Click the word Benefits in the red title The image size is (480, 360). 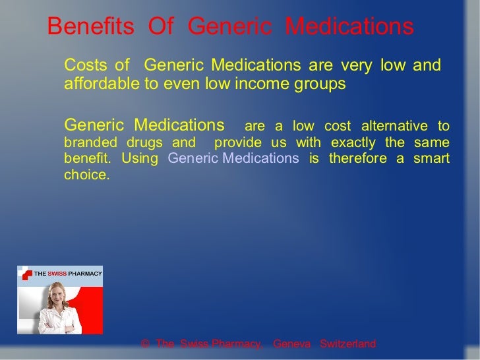86,27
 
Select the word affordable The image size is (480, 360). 100,84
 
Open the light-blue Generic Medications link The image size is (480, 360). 233,158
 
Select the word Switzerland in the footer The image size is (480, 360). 347,344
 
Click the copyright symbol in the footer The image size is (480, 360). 146,344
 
